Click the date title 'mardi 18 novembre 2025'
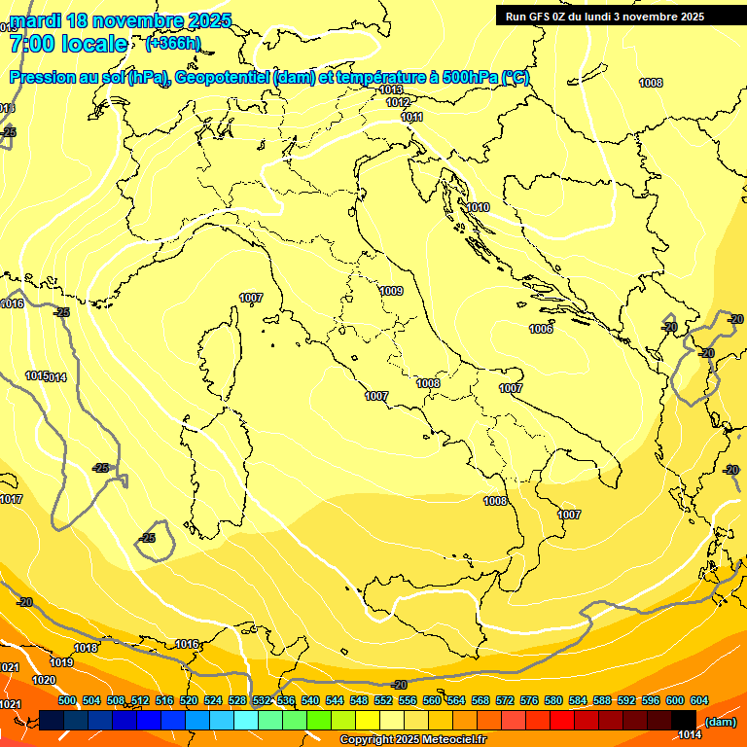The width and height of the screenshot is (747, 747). click(x=121, y=20)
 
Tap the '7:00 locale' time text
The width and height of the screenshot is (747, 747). click(x=68, y=44)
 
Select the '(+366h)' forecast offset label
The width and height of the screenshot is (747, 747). click(x=173, y=44)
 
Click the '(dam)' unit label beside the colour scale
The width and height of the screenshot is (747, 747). click(x=720, y=722)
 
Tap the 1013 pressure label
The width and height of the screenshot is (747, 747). click(x=391, y=89)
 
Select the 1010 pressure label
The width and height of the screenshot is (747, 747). click(x=478, y=208)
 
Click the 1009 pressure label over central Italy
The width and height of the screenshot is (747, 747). click(x=391, y=291)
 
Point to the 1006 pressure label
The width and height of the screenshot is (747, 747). click(x=542, y=330)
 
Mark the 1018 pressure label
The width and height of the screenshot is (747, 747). click(x=86, y=648)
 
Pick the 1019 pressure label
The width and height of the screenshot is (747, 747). click(x=61, y=662)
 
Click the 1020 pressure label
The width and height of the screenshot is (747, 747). click(x=44, y=681)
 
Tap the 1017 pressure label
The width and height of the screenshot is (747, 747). click(x=11, y=499)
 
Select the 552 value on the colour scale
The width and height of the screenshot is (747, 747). click(x=383, y=701)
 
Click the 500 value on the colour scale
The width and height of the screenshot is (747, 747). click(x=67, y=701)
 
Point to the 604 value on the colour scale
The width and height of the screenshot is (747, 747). click(x=698, y=701)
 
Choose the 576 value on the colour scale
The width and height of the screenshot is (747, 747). click(x=529, y=701)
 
